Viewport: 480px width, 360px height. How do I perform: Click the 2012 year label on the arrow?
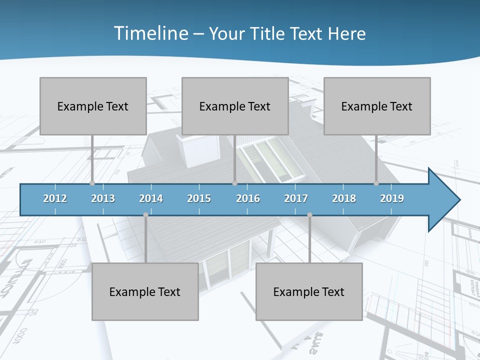(55, 198)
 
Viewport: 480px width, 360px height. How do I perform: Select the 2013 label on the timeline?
(103, 198)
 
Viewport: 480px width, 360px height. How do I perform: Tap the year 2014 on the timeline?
(151, 198)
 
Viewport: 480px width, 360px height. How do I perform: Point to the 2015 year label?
(199, 198)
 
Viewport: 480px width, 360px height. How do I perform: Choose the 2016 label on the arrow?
(248, 198)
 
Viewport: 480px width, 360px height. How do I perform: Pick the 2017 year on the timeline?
(296, 198)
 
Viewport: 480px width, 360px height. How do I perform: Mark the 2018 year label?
(344, 198)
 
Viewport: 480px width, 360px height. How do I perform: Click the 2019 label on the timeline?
(392, 198)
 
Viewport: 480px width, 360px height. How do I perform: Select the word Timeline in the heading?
(150, 33)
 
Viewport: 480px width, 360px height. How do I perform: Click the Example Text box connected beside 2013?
(93, 106)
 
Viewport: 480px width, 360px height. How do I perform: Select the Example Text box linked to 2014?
(145, 291)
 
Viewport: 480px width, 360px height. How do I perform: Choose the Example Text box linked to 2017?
(309, 291)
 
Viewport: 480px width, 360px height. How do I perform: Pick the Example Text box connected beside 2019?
(377, 106)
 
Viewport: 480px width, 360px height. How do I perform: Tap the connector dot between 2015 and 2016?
(234, 183)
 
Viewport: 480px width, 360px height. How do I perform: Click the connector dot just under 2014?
(145, 215)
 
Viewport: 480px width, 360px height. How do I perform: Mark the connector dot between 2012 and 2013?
(92, 183)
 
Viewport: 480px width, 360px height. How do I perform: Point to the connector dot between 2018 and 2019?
(376, 183)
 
